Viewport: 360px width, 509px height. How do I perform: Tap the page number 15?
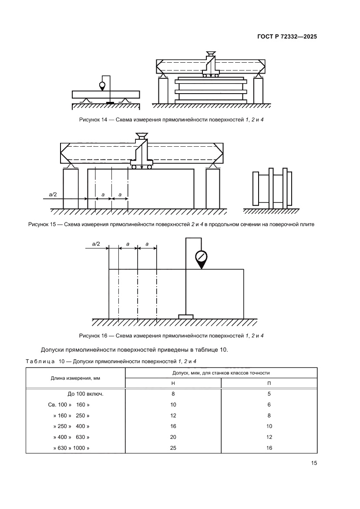pyautogui.click(x=314, y=463)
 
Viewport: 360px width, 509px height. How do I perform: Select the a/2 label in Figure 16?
pyautogui.click(x=96, y=244)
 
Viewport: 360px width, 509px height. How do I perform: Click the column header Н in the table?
pyautogui.click(x=173, y=383)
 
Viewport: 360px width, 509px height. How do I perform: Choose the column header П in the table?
pyautogui.click(x=269, y=383)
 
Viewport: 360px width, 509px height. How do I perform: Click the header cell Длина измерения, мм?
pyautogui.click(x=76, y=378)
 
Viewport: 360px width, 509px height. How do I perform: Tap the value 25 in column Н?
pyautogui.click(x=173, y=448)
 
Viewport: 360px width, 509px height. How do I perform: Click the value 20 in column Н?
pyautogui.click(x=173, y=437)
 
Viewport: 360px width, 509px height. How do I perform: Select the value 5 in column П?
pyautogui.click(x=269, y=394)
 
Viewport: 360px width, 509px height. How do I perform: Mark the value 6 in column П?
pyautogui.click(x=269, y=405)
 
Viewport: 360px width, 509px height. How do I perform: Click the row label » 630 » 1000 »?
pyautogui.click(x=71, y=448)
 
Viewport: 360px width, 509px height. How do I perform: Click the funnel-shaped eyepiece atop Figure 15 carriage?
pyautogui.click(x=141, y=135)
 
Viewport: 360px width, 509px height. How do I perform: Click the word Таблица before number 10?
pyautogui.click(x=40, y=361)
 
